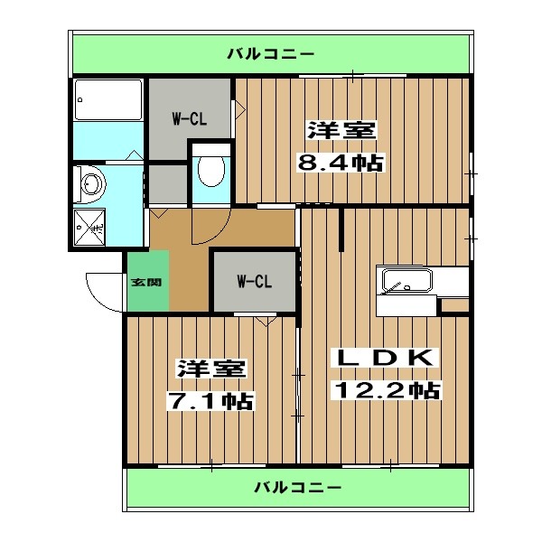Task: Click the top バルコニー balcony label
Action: (270, 51)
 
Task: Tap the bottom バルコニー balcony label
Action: (297, 488)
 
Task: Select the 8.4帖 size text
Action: (341, 164)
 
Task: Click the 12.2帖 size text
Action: (388, 390)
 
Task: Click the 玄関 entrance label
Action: (145, 282)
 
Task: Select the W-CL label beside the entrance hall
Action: (254, 282)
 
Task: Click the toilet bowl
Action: (210, 169)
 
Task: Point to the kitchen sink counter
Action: (407, 281)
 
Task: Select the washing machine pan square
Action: (90, 226)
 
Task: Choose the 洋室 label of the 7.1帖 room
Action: (210, 369)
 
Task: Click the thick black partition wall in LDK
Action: (341, 230)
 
